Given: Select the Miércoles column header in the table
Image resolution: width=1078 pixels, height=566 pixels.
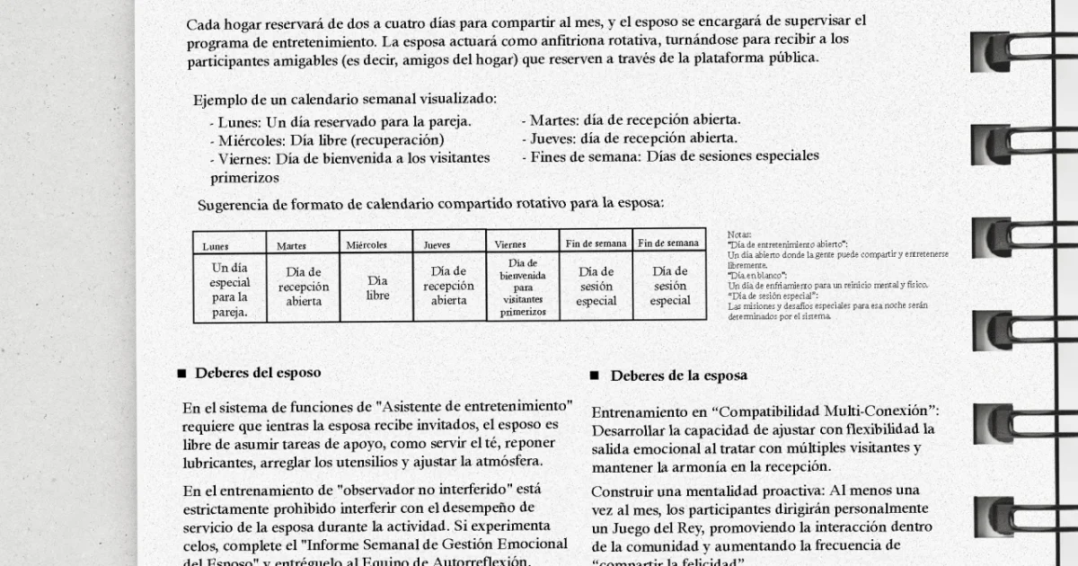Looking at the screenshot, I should pos(367,244).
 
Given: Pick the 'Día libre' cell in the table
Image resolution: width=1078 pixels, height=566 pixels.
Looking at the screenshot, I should pos(377,287).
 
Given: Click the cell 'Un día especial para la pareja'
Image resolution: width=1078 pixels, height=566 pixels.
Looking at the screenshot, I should pos(230,289).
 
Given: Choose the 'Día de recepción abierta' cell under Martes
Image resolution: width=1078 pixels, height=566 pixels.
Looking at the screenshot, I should pos(304,287).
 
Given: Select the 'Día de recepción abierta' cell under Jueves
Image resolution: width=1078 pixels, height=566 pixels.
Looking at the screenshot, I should pos(448,286).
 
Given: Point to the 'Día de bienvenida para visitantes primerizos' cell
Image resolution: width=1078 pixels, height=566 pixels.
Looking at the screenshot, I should pos(523,287).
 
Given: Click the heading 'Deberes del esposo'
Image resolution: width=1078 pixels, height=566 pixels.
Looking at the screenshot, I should pos(258,373).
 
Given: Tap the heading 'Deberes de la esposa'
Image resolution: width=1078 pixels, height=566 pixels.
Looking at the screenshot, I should pos(678,376).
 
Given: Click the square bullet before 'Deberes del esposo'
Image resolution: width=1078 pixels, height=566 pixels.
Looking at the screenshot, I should pos(181,373).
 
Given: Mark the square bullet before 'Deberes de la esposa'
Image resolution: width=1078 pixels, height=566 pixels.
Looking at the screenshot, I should pos(594,376).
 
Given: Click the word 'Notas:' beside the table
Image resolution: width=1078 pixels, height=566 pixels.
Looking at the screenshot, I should pos(738,234).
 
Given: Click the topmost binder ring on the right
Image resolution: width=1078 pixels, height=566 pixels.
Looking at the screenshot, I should pos(997,52).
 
